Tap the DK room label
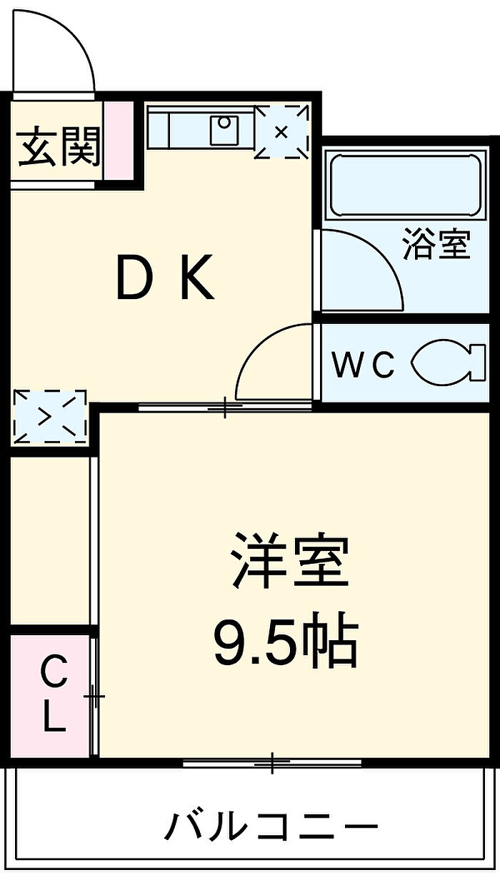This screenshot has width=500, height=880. (165, 279)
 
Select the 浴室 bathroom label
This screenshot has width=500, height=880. (436, 243)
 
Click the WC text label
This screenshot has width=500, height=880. (364, 365)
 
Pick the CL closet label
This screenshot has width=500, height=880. (52, 695)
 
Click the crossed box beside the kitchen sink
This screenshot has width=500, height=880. (281, 131)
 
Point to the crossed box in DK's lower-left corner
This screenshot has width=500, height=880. (49, 415)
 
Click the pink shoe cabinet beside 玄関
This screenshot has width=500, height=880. (119, 141)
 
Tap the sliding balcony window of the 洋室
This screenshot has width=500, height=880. (272, 763)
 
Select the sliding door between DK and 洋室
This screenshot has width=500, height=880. (224, 408)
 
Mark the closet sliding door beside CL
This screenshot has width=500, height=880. (94, 695)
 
